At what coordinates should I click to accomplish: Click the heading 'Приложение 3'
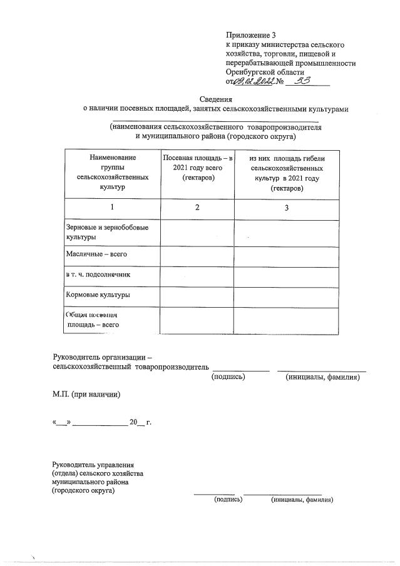(250, 35)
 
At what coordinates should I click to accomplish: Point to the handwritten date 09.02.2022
(254, 81)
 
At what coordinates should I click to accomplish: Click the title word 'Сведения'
(216, 99)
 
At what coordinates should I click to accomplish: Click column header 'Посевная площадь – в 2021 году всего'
(197, 168)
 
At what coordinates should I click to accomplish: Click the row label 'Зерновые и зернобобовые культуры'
(104, 233)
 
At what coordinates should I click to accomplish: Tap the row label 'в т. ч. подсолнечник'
(98, 275)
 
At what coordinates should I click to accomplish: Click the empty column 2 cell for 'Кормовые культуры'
(197, 294)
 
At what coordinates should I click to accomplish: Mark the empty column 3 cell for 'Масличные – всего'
(286, 255)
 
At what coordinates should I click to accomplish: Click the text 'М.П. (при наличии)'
(86, 395)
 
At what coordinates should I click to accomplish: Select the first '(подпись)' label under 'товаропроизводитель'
(228, 376)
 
